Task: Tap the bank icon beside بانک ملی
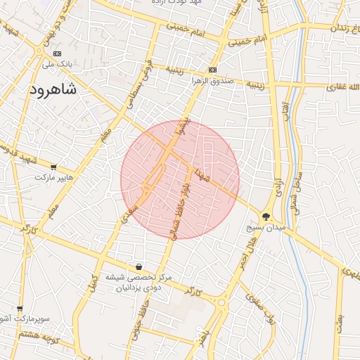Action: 57,53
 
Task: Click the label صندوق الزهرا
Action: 212,81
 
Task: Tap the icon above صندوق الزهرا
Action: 212,70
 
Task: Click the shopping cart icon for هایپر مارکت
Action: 53,167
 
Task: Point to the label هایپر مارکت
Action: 60,179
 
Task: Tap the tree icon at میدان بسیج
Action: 266,217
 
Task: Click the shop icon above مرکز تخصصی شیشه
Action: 139,266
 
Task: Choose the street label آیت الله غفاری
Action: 336,87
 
